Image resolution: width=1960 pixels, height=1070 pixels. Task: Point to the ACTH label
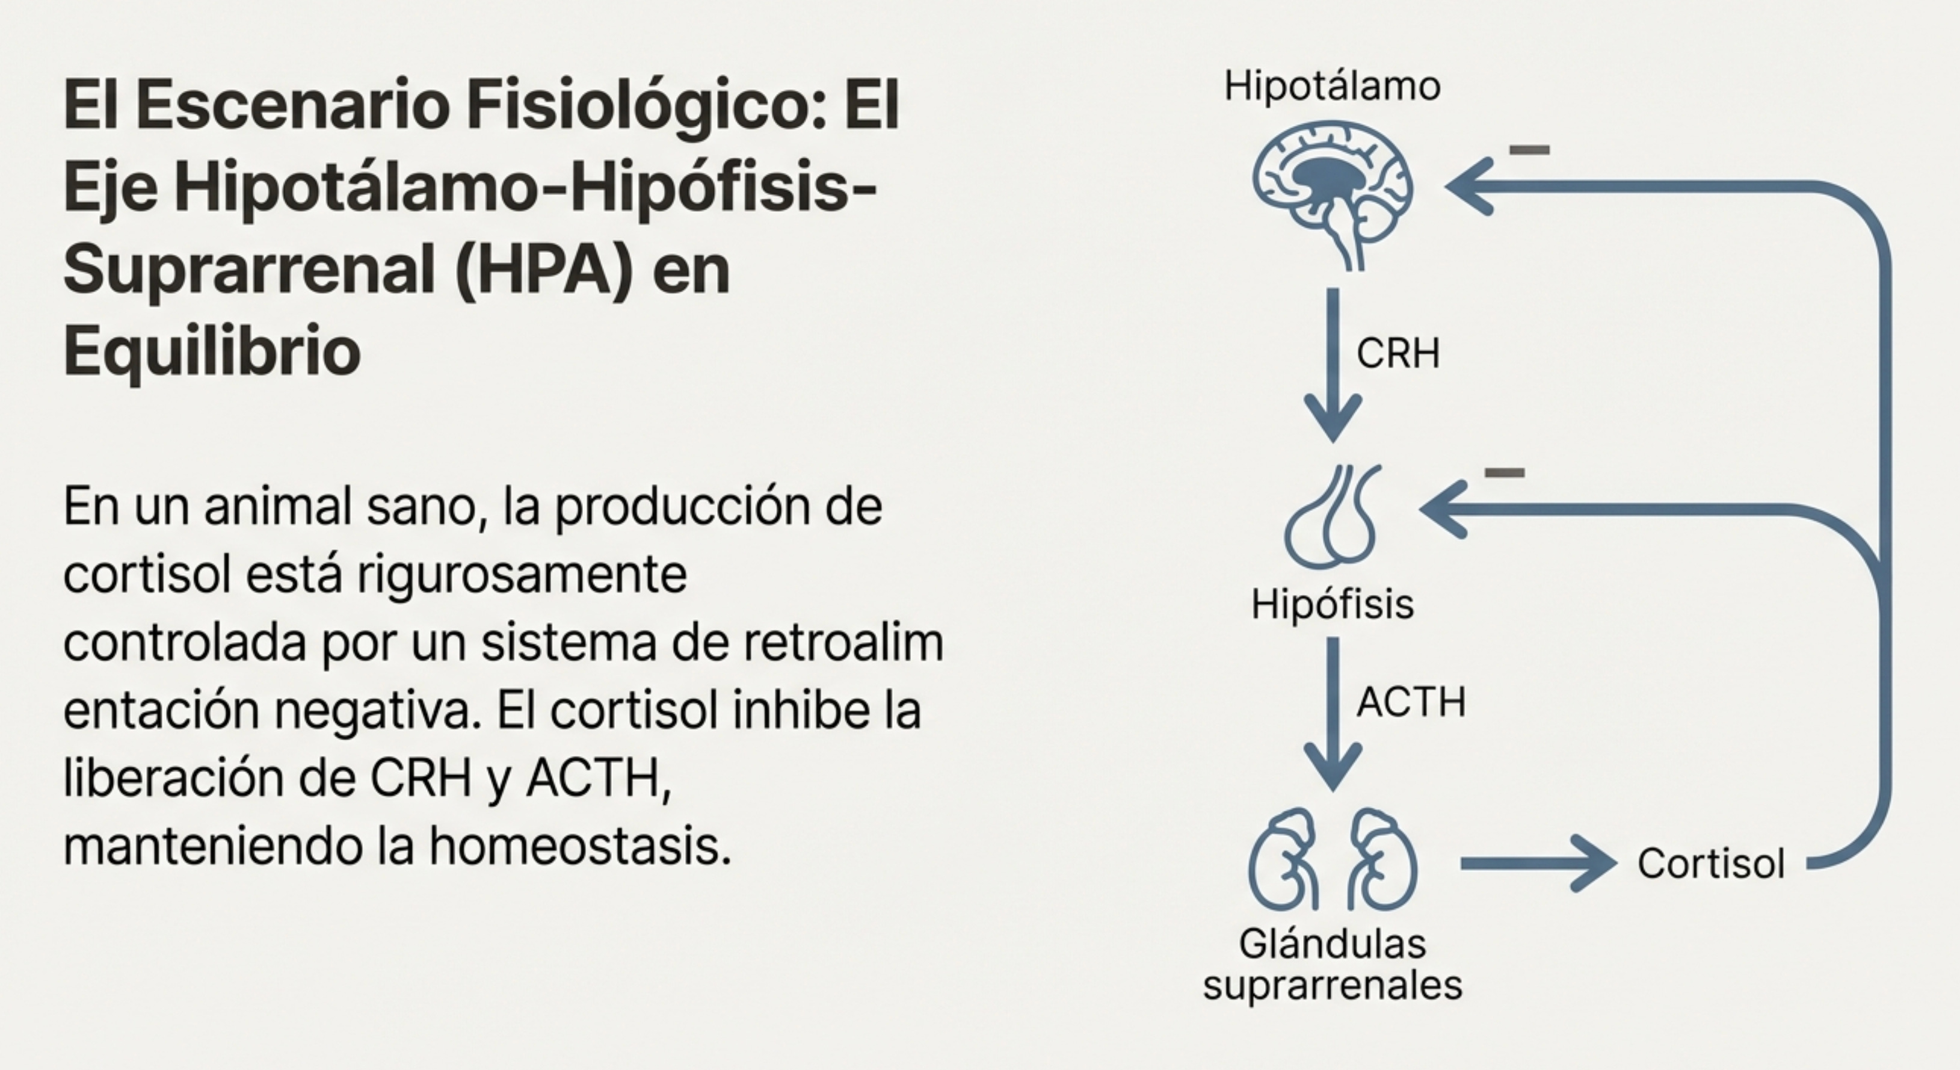pos(1411,702)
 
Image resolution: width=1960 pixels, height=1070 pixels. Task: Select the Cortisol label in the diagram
pos(1710,864)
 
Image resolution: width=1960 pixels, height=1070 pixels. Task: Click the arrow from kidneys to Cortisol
pos(1537,863)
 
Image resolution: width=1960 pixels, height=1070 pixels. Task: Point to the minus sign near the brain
pos(1529,150)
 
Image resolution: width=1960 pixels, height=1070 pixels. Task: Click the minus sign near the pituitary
pos(1504,472)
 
